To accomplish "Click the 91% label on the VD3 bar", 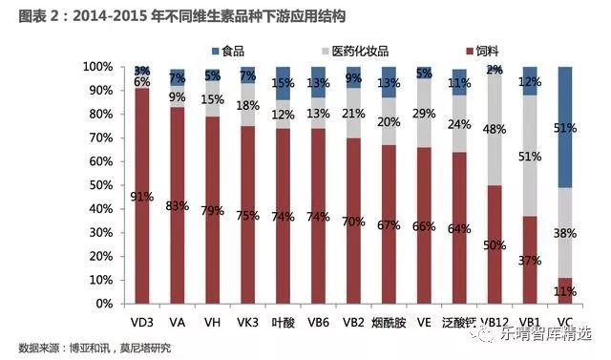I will [x=141, y=199].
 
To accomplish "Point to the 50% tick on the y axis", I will [x=98, y=185].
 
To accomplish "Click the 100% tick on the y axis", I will [x=95, y=67].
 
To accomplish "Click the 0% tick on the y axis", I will [x=102, y=304].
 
